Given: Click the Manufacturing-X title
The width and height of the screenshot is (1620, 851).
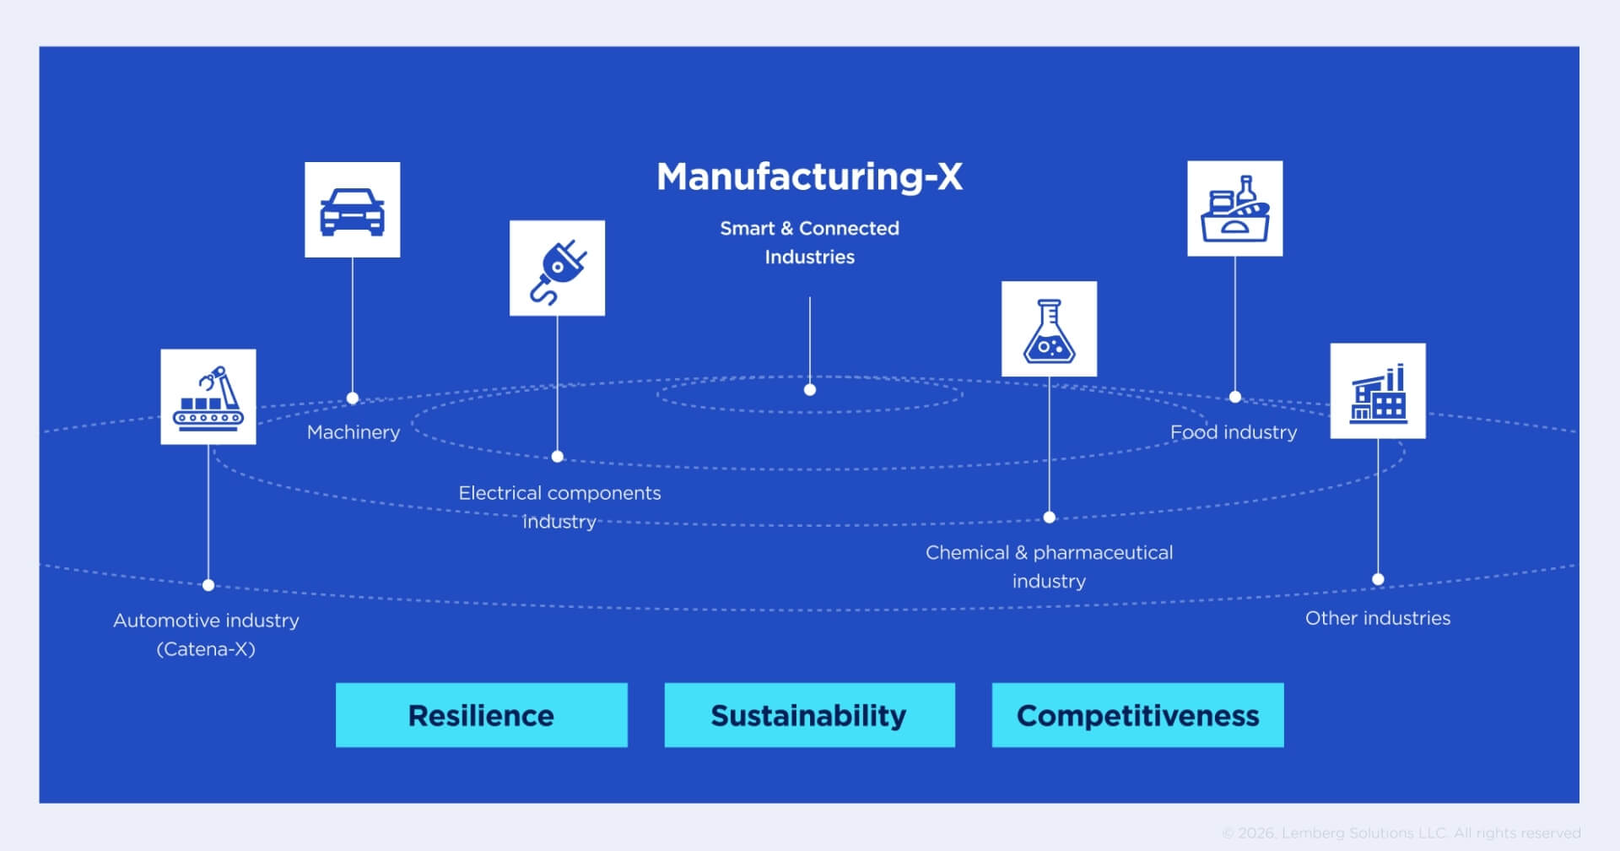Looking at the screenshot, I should pyautogui.click(x=809, y=177).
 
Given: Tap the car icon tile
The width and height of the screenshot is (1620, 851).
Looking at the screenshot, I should pyautogui.click(x=352, y=210).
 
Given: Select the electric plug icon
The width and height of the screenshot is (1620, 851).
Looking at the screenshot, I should pyautogui.click(x=557, y=268).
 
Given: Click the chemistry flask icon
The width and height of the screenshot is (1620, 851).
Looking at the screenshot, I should pyautogui.click(x=1049, y=329).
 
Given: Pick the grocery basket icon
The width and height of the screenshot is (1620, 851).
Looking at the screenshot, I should pyautogui.click(x=1234, y=209).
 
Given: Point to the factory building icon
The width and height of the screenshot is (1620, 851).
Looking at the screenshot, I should pyautogui.click(x=1378, y=391).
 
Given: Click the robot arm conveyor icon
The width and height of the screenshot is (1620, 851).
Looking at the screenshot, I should pyautogui.click(x=208, y=397).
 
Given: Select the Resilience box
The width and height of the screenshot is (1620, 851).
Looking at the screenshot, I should pyautogui.click(x=481, y=715).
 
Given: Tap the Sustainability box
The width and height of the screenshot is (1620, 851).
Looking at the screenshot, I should pyautogui.click(x=809, y=715).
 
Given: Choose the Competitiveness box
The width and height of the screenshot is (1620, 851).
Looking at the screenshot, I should pyautogui.click(x=1137, y=715).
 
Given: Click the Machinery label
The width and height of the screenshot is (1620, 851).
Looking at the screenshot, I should pyautogui.click(x=354, y=432).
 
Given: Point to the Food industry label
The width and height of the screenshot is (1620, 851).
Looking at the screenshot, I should pyautogui.click(x=1233, y=432).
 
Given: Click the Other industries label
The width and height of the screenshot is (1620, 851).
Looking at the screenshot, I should pyautogui.click(x=1377, y=618).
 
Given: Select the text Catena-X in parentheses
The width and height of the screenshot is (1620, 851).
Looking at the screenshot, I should pyautogui.click(x=206, y=649).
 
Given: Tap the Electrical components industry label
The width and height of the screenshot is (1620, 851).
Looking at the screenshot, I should pyautogui.click(x=559, y=507).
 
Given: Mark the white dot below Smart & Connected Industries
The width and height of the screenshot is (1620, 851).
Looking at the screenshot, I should pyautogui.click(x=810, y=390).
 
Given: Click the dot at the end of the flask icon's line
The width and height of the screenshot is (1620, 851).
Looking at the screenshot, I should pyautogui.click(x=1049, y=518).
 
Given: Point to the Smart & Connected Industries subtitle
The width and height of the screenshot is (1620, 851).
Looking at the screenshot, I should pyautogui.click(x=809, y=242).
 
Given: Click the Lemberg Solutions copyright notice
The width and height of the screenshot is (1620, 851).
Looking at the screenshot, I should pyautogui.click(x=1401, y=833).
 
